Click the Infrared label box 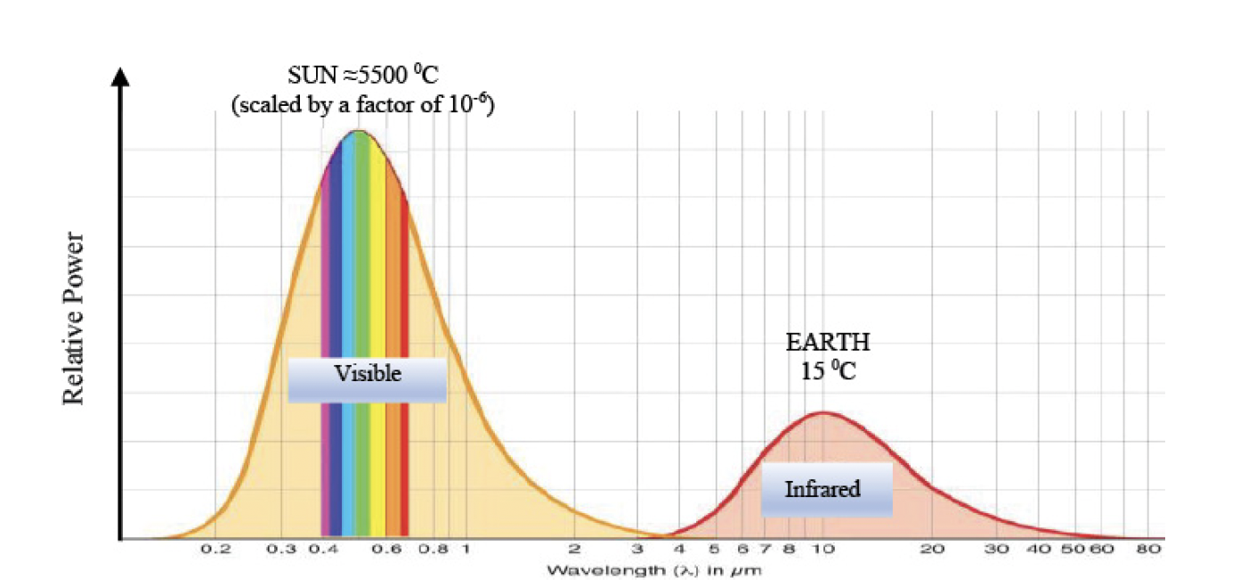(825, 489)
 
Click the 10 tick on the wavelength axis (823, 550)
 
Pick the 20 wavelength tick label (932, 550)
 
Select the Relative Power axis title (74, 318)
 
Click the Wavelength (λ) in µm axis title (653, 569)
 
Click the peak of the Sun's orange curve (358, 132)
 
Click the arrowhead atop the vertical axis (121, 75)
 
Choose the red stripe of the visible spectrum (405, 356)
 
